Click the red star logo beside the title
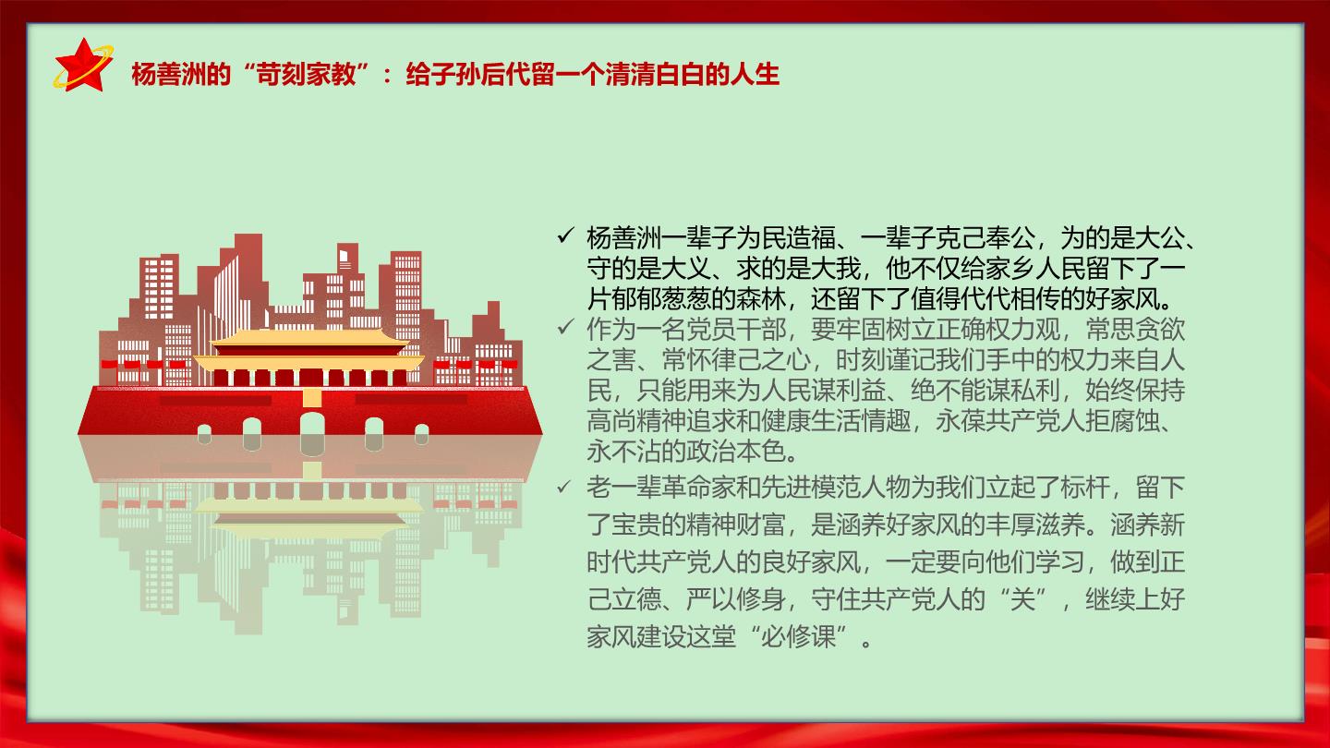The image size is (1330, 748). [83, 66]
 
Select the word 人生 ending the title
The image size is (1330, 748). [754, 75]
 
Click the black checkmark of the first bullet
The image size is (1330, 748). [565, 236]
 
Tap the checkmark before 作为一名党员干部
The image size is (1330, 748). [565, 327]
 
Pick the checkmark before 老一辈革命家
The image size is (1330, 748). [564, 488]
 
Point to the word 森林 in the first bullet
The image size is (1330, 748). [761, 298]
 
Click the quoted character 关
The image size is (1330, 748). [1022, 599]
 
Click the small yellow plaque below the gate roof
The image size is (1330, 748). [312, 396]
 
